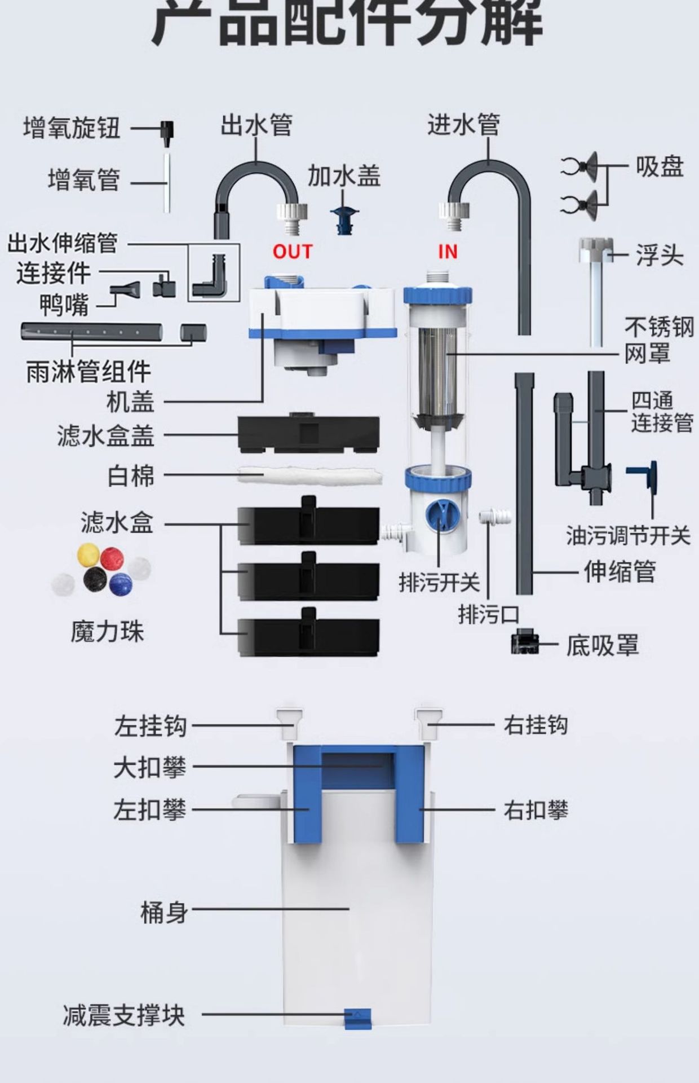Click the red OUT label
pyautogui.click(x=292, y=252)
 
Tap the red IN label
pyautogui.click(x=448, y=252)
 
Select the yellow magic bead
pyautogui.click(x=88, y=554)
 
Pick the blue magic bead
pyautogui.click(x=121, y=584)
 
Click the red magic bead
pyautogui.click(x=112, y=559)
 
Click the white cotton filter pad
pyautogui.click(x=309, y=475)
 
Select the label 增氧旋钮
pyautogui.click(x=72, y=128)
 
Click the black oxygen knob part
pyautogui.click(x=167, y=130)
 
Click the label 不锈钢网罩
pyautogui.click(x=658, y=340)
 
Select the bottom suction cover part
pyautogui.click(x=524, y=643)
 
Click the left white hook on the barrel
pyautogui.click(x=290, y=723)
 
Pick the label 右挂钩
pyautogui.click(x=536, y=725)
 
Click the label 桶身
pyautogui.click(x=163, y=912)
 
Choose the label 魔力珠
pyautogui.click(x=107, y=632)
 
